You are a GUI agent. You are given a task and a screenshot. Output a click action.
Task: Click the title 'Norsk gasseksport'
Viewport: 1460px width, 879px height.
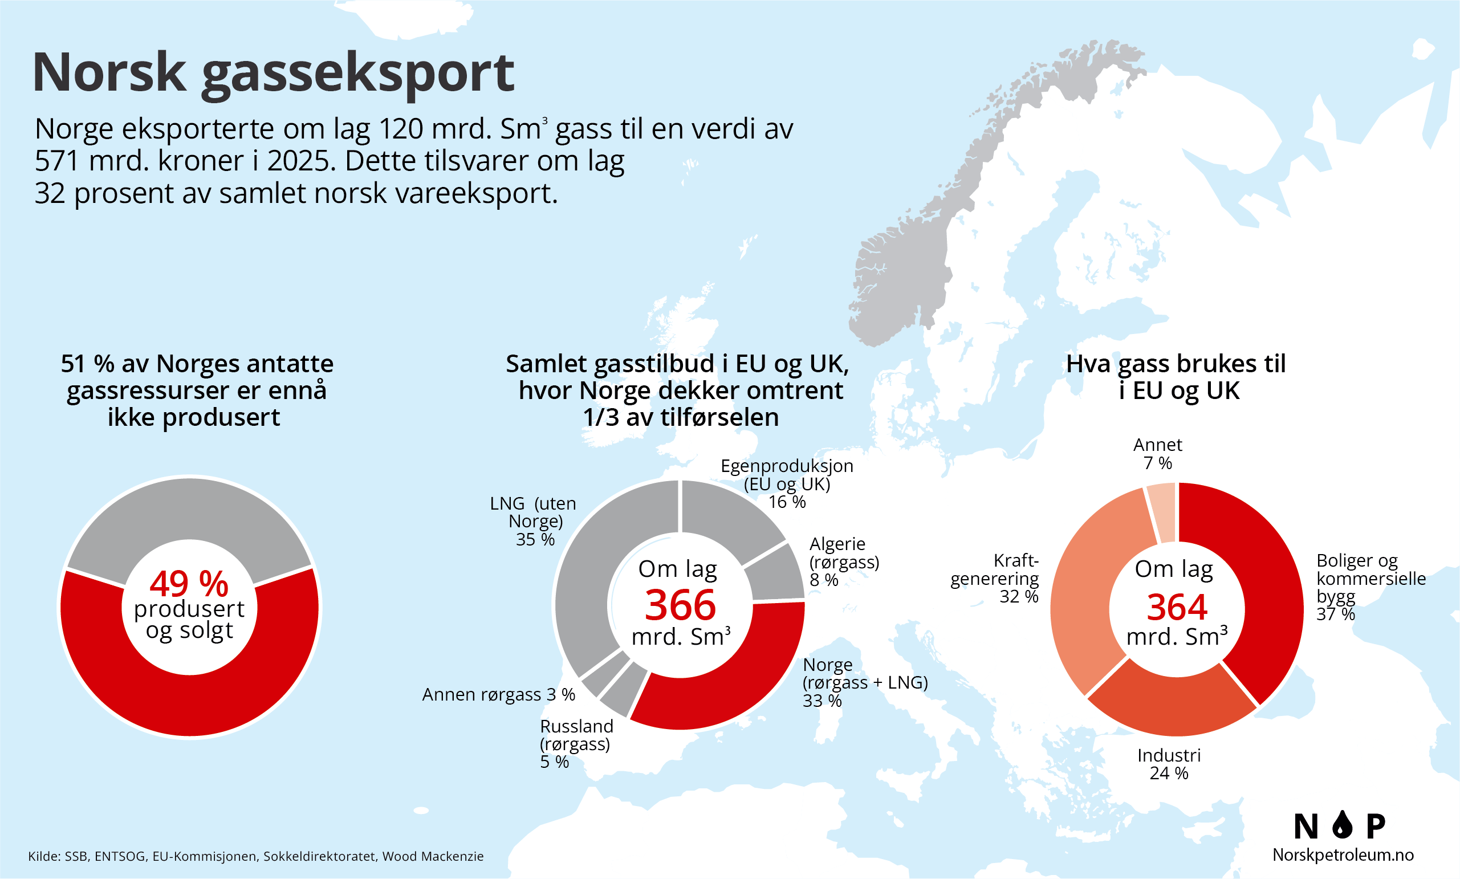(x=273, y=74)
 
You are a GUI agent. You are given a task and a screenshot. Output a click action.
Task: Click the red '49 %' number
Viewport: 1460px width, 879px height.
(x=189, y=584)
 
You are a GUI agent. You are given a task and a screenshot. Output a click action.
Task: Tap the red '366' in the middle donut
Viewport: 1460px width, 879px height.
(x=680, y=605)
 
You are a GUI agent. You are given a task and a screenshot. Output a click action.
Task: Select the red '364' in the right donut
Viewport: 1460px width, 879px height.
(x=1177, y=607)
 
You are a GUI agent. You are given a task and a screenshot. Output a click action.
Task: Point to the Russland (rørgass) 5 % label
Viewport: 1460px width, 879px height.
(x=576, y=744)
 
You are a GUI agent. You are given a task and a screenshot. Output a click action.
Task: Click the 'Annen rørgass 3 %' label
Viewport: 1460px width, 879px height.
(x=498, y=694)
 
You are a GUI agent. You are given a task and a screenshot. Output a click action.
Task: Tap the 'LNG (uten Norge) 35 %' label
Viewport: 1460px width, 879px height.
(x=534, y=521)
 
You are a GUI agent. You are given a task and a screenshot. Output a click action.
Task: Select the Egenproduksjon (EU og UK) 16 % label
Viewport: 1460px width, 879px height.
(x=787, y=484)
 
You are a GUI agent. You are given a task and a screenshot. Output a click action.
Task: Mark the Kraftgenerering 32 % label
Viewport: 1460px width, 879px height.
(x=995, y=578)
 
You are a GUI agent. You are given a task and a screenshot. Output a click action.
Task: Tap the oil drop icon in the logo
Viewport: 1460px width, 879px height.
(x=1342, y=824)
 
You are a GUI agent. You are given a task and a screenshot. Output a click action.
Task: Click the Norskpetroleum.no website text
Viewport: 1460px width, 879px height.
(x=1343, y=854)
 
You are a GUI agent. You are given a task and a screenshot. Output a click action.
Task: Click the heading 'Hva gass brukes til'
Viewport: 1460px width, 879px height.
(x=1176, y=364)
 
